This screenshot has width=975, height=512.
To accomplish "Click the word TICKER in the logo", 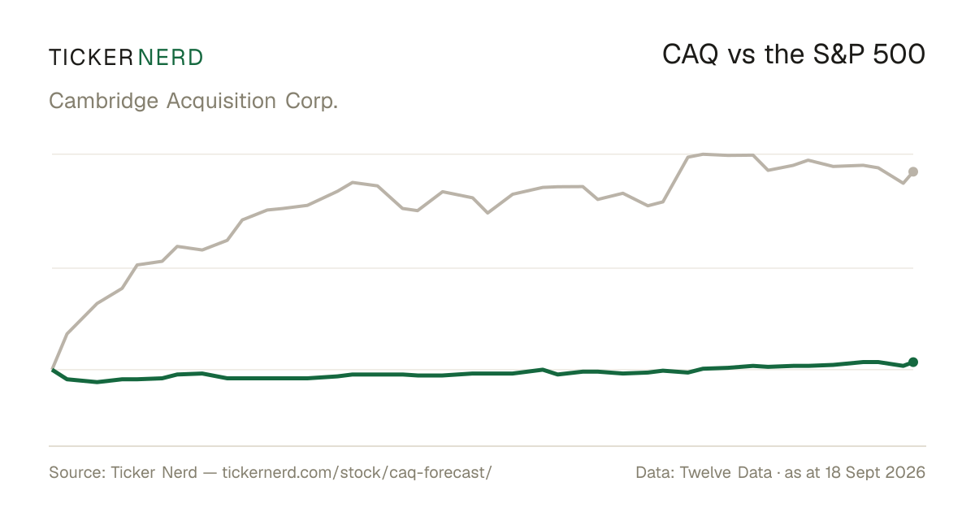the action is tap(91, 58).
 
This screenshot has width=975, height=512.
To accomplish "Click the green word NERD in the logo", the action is tap(170, 58).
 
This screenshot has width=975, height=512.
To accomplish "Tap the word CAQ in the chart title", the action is tap(690, 55).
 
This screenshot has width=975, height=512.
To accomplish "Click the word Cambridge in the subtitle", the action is tap(104, 102).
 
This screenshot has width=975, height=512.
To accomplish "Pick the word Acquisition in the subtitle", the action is tap(221, 102).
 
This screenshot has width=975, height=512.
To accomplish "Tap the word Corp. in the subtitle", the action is tap(312, 102).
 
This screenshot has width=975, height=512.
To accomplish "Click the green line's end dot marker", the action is tap(913, 362).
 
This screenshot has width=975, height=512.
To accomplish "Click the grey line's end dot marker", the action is tap(913, 172).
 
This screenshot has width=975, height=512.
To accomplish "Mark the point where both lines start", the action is tap(52, 370).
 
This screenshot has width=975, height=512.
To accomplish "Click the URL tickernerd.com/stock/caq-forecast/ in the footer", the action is tap(357, 473).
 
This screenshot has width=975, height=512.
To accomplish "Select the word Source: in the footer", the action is tap(77, 473).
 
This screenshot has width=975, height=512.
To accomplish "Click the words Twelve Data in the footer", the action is tap(726, 473).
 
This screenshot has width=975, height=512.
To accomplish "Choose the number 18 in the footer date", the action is tap(831, 473).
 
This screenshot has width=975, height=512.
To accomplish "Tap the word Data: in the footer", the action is tap(655, 473).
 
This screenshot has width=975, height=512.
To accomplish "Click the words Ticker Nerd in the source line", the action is tap(154, 473).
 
